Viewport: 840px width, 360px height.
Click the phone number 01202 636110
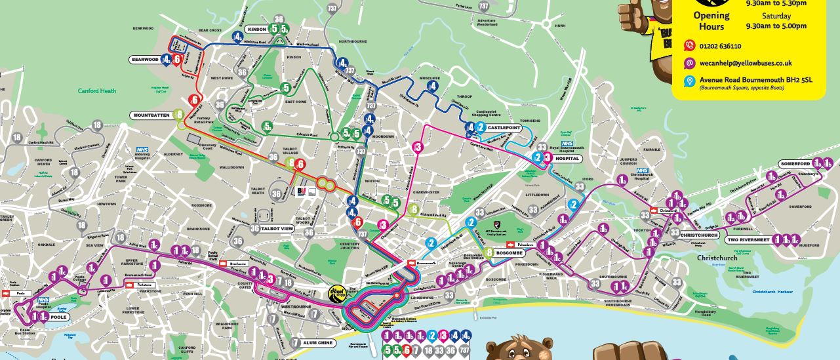tap(720, 46)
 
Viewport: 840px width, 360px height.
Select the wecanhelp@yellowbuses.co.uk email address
tap(746, 63)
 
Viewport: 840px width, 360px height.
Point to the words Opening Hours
tap(711, 20)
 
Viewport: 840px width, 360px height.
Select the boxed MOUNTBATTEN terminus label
tap(152, 115)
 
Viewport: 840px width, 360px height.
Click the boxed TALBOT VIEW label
tap(278, 228)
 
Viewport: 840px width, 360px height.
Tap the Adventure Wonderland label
tap(496, 23)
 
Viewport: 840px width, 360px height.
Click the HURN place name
tap(559, 26)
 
